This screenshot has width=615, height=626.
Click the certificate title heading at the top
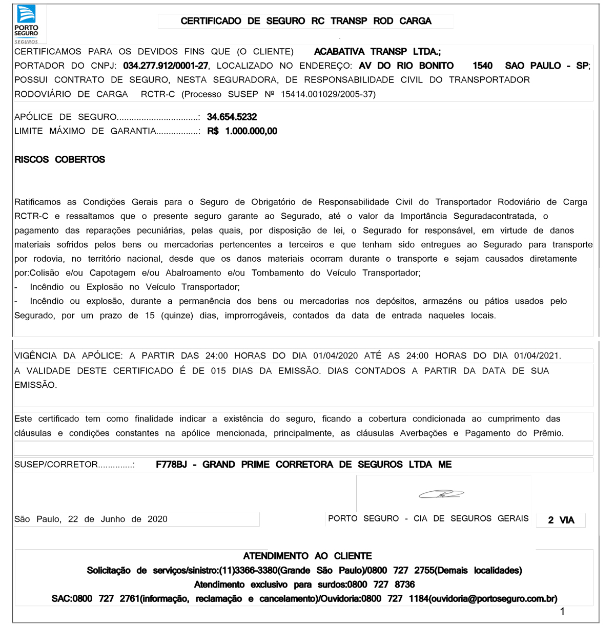click(306, 21)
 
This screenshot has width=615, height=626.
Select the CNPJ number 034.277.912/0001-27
click(166, 66)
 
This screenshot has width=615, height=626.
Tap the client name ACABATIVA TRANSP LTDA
click(377, 52)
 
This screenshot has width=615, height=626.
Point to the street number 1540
click(482, 66)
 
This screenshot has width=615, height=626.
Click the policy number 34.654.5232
click(232, 117)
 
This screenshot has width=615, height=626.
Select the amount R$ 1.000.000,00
click(242, 131)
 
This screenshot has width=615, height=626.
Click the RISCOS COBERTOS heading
click(59, 160)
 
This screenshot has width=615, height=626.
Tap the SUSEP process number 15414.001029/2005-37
click(328, 94)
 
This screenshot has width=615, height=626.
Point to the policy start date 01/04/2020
click(335, 356)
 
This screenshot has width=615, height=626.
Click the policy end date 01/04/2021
click(536, 356)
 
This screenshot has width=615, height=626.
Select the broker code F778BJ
click(171, 465)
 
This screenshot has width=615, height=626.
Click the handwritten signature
click(441, 494)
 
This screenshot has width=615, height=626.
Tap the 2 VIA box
click(561, 520)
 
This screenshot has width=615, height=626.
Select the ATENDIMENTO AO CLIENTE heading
click(307, 556)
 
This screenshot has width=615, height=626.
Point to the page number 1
click(562, 611)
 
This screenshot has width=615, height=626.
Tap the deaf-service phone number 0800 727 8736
click(381, 585)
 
